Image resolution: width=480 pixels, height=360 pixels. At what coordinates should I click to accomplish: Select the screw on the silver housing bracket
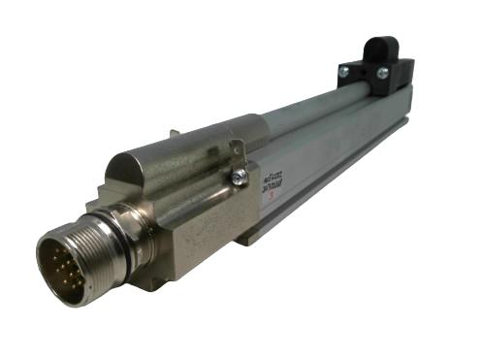pyautogui.click(x=238, y=176)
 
